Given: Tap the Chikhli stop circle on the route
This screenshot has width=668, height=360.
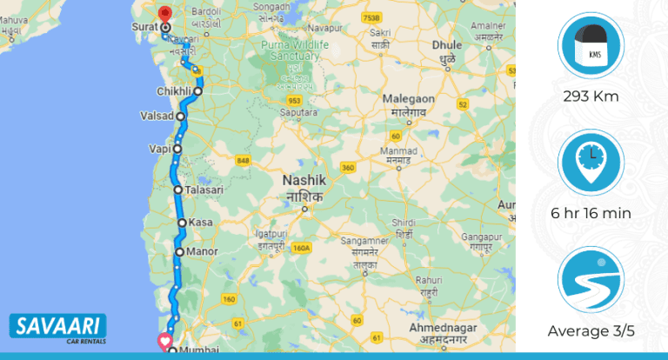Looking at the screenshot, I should (198, 91).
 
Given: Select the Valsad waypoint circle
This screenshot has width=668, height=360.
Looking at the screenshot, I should (181, 116).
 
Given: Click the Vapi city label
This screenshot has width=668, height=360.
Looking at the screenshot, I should (159, 149).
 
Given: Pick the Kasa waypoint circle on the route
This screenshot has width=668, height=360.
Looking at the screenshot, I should (182, 223).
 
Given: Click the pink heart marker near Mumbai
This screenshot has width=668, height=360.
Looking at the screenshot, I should (164, 340).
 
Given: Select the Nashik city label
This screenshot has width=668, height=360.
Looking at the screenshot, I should (304, 180).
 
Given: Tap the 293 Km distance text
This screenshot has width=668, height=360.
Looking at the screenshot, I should (591, 96).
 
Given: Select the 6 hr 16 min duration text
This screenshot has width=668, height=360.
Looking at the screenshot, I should (591, 213).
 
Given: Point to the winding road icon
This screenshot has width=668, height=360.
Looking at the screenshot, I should (591, 280).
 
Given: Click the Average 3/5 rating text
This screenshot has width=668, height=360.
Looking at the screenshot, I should (591, 330).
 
